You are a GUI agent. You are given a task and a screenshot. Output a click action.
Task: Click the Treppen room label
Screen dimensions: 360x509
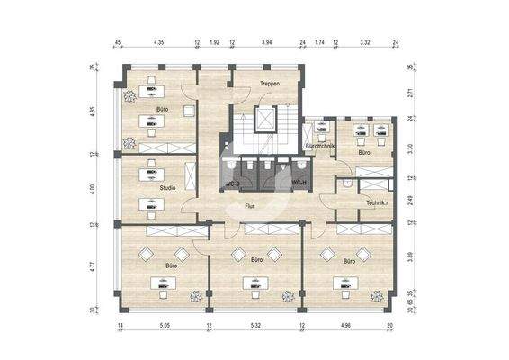pos(269,84)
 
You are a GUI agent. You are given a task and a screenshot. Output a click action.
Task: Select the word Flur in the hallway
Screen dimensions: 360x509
pos(253,206)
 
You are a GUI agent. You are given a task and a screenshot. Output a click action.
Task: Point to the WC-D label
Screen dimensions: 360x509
pos(231,183)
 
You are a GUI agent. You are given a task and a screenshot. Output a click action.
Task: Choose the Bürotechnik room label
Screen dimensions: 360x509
pos(320,145)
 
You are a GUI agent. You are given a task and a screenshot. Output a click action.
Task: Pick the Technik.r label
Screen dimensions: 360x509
pos(378,203)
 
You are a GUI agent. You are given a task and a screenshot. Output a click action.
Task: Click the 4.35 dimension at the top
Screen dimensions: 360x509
pos(159,41)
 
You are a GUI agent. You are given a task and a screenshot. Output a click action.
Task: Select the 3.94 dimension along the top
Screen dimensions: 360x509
pos(268,41)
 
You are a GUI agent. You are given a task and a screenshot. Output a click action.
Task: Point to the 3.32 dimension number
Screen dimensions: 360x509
pos(365,41)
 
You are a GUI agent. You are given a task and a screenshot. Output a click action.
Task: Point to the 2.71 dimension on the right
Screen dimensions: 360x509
pos(409,92)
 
